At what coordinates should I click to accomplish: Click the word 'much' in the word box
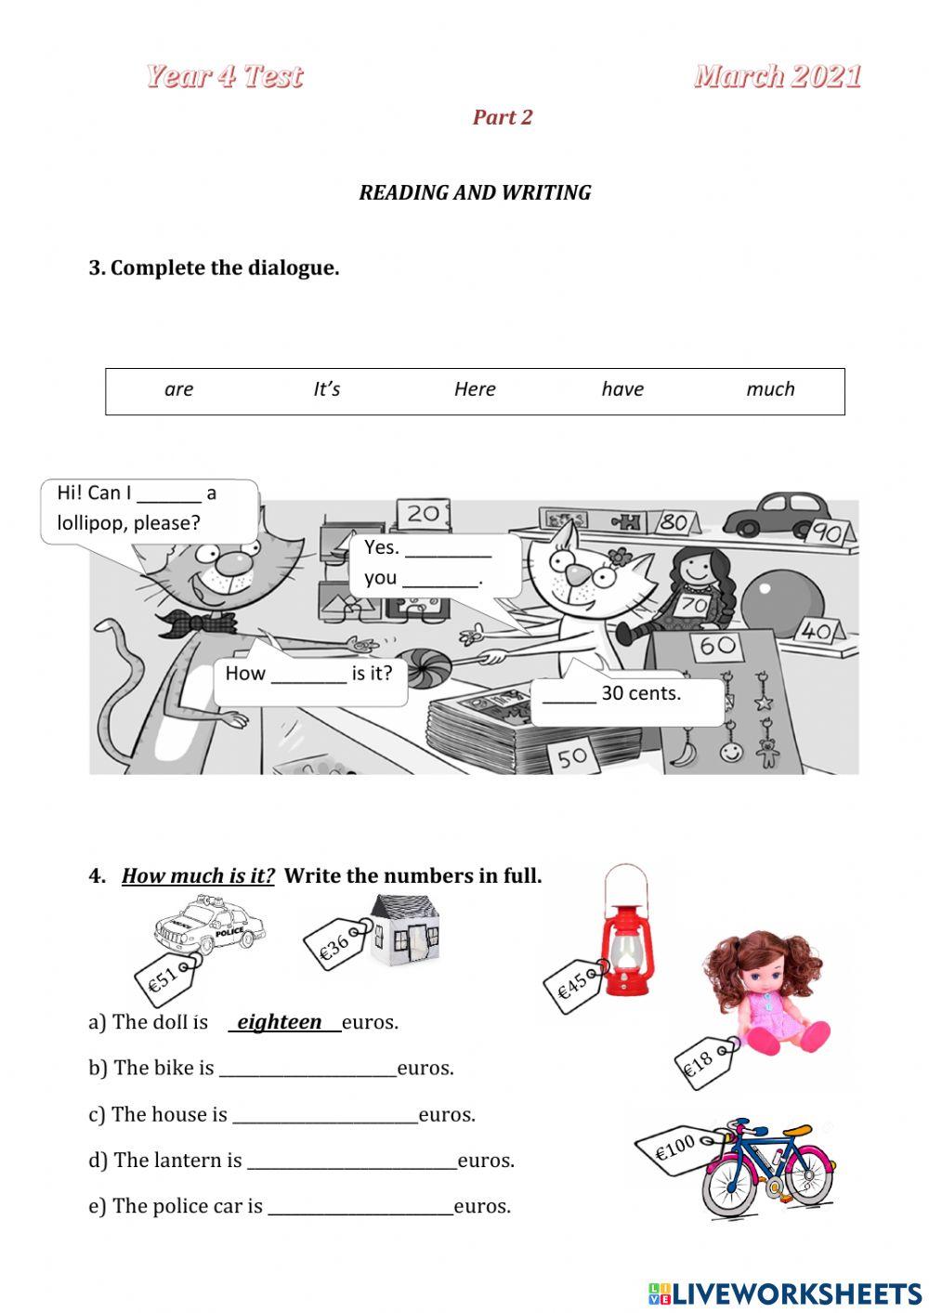tap(770, 389)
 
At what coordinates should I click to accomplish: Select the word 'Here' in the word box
tap(475, 389)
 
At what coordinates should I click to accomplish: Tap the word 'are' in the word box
tap(178, 389)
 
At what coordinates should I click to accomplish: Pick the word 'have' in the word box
tap(622, 389)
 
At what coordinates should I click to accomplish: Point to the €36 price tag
tap(336, 944)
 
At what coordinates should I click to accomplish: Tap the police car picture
tap(210, 926)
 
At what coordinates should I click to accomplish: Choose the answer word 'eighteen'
tap(280, 1022)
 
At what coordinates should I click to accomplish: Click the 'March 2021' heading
tap(778, 76)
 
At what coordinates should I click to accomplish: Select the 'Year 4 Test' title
tap(224, 76)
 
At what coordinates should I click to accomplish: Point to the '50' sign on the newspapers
tap(572, 756)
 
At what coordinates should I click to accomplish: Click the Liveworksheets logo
tap(785, 1293)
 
